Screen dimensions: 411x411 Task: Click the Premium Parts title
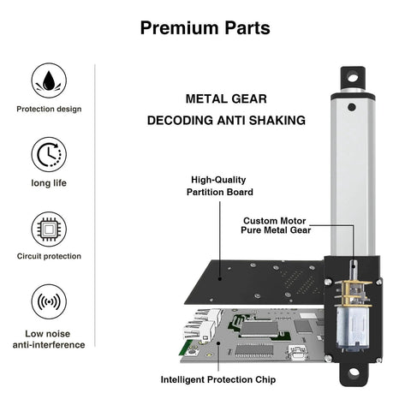coord(205,27)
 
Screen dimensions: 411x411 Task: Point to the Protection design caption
coord(49,109)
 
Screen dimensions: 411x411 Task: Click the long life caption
coord(49,182)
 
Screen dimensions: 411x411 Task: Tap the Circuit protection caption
coord(49,256)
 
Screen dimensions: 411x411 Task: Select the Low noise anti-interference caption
coord(49,338)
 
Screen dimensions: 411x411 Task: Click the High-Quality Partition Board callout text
coord(218,186)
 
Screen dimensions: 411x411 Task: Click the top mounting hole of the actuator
coord(350,79)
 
